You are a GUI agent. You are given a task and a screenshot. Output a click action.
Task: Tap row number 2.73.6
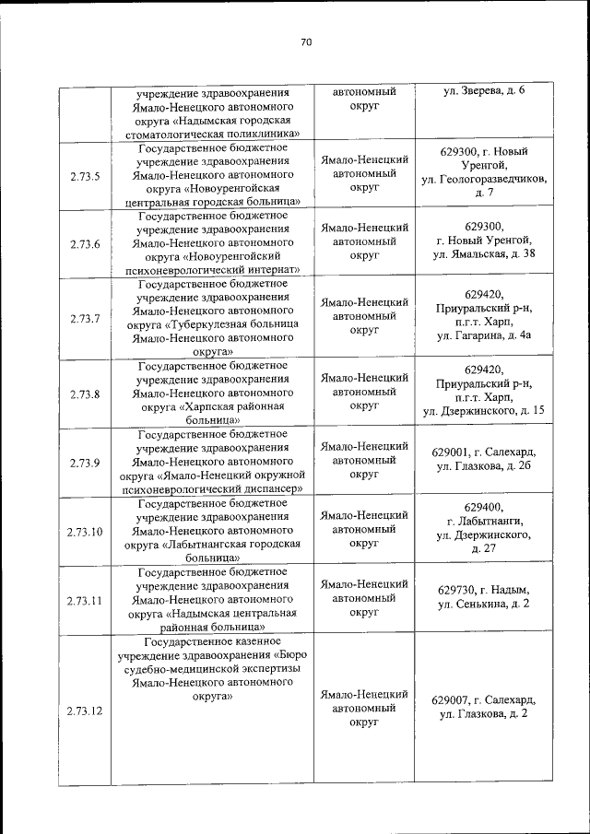coord(85,244)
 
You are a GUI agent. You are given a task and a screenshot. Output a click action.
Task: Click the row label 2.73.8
coord(85,394)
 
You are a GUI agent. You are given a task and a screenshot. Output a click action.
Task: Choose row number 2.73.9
coord(85,463)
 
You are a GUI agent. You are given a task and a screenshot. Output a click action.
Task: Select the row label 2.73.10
coord(85,532)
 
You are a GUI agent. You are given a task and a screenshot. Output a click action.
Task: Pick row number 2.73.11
coord(85,600)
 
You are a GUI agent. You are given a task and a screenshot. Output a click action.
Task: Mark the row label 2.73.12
coord(85,711)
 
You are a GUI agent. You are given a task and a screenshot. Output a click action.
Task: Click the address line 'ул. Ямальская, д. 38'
coord(484,254)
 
